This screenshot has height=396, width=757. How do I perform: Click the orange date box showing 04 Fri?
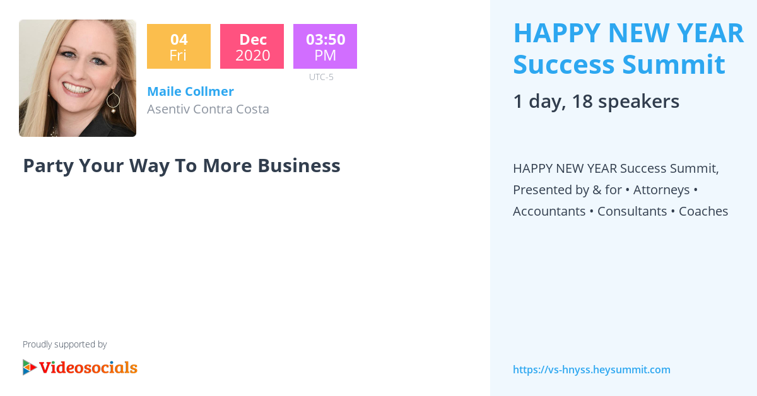click(179, 47)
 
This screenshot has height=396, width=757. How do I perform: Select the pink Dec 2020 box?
click(252, 47)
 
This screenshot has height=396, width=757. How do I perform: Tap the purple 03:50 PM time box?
click(325, 47)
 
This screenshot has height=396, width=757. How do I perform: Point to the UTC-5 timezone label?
click(321, 77)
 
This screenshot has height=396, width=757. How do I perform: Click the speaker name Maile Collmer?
click(190, 91)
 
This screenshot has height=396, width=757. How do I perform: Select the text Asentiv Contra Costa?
click(208, 109)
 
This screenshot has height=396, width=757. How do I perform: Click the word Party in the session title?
click(48, 165)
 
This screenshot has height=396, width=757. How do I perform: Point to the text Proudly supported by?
click(64, 344)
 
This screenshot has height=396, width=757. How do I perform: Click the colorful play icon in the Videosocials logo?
click(29, 367)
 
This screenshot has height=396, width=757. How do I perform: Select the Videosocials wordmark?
click(88, 367)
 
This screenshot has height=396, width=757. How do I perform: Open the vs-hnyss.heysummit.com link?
click(591, 370)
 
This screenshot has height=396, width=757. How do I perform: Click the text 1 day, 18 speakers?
click(596, 102)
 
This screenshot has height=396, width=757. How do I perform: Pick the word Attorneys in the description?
click(661, 190)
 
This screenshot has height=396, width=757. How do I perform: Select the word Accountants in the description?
click(549, 211)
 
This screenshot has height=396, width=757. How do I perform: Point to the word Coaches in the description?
click(703, 211)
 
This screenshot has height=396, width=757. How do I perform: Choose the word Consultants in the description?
click(632, 211)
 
